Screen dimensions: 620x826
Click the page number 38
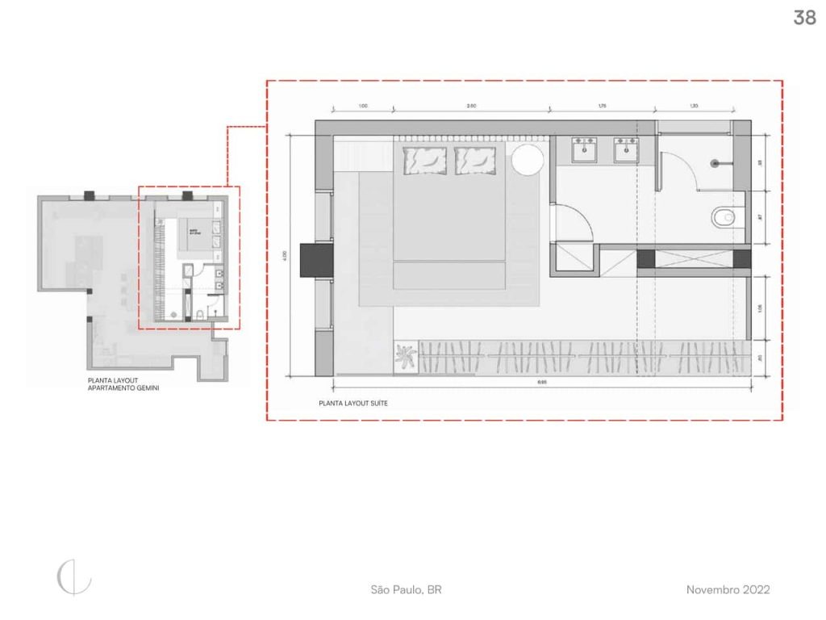pos(804,18)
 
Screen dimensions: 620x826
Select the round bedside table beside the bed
pos(528,159)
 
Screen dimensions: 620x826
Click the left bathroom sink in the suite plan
pos(584,149)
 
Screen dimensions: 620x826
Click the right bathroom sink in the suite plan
pos(626,149)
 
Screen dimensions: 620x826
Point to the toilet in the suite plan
pos(724,216)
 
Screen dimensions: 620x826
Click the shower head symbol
pos(715,163)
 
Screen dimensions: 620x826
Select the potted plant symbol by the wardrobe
pos(406,356)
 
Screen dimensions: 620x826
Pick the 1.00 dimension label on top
pos(362,106)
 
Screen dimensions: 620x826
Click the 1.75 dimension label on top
pos(602,106)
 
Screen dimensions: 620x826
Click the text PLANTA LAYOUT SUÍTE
pos(353,402)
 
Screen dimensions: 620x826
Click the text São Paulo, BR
pos(406,590)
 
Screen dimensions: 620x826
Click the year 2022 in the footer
pos(757,590)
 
